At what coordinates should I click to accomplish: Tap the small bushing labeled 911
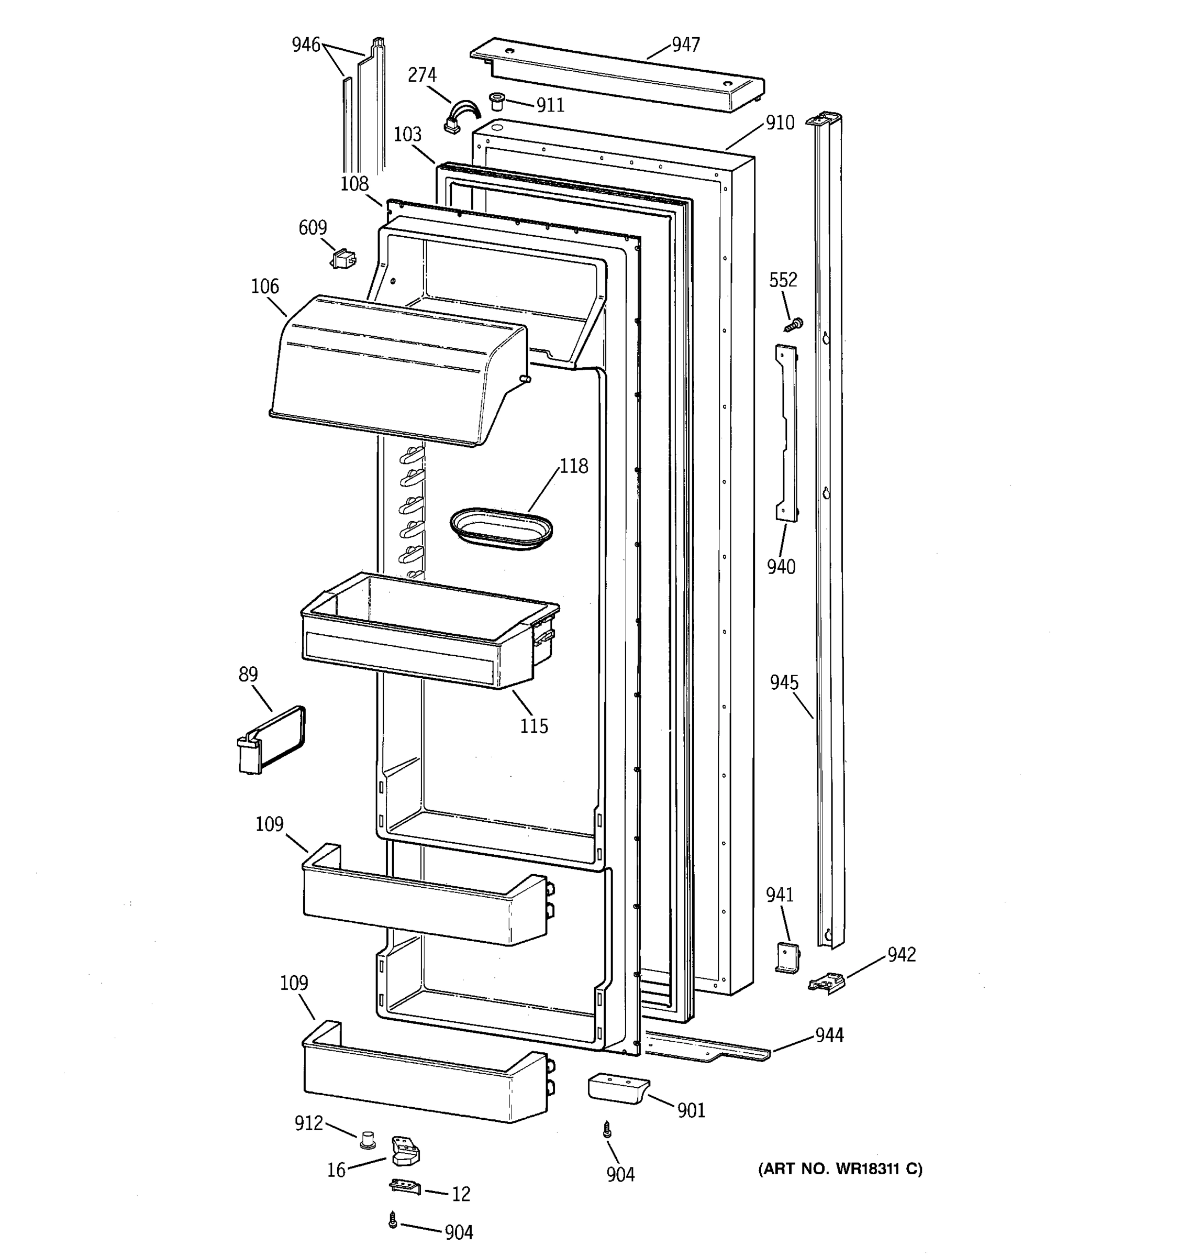(x=497, y=100)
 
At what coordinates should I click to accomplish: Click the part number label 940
(x=781, y=567)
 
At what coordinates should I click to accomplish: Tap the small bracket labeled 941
(x=787, y=958)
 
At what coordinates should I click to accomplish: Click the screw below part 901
(x=607, y=1129)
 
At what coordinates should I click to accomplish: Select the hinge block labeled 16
(x=405, y=1150)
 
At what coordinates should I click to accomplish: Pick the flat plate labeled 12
(x=405, y=1186)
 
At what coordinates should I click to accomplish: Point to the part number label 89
(x=248, y=674)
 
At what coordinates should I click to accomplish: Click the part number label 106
(x=265, y=286)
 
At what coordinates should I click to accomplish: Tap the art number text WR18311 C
(x=840, y=1169)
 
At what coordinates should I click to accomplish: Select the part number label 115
(x=534, y=726)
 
